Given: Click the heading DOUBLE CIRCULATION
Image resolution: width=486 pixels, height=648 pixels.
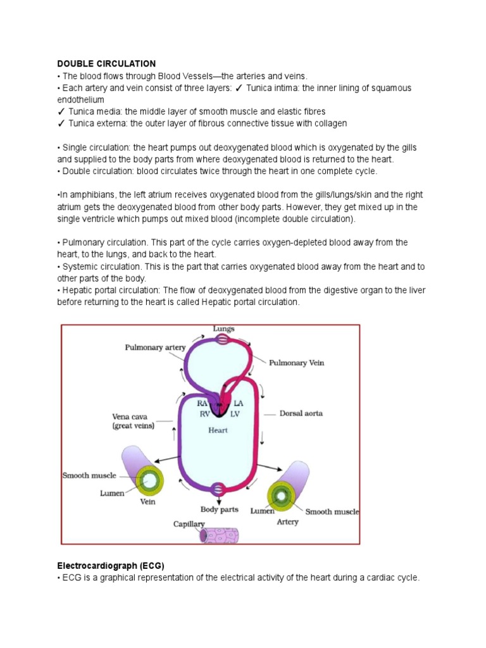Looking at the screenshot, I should [106, 64].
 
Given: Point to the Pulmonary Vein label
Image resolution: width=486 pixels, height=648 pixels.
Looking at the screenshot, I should [297, 363].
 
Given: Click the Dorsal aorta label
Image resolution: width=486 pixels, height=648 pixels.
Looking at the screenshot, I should [301, 413].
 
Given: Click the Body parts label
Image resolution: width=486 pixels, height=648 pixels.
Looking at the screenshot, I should [219, 509].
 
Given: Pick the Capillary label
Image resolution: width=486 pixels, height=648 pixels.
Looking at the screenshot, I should [189, 524].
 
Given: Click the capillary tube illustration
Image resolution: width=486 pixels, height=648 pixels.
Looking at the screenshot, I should [219, 535].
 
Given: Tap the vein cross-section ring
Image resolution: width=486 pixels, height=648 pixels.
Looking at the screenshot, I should [151, 480].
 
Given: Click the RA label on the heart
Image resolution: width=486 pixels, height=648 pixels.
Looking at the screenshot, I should [202, 403].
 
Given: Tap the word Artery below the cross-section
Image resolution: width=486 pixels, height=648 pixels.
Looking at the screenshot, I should [287, 522].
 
